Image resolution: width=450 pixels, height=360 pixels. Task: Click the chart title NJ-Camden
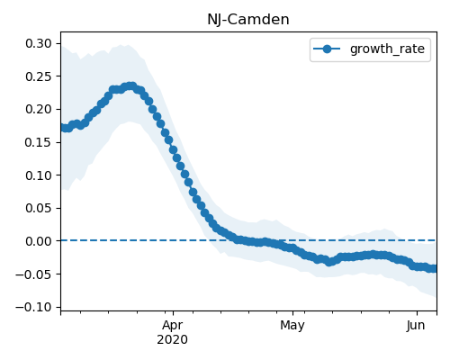click(248, 20)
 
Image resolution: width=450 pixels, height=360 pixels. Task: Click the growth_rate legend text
click(387, 49)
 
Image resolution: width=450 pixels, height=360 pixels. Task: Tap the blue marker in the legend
click(327, 49)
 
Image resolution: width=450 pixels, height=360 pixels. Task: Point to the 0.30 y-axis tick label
click(39, 43)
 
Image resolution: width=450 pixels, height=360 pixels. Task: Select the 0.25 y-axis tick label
click(39, 76)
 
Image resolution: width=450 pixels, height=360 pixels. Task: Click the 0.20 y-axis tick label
click(39, 109)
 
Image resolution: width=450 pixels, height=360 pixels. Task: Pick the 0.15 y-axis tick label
click(39, 142)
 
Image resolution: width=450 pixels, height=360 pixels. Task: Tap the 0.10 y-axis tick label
click(39, 175)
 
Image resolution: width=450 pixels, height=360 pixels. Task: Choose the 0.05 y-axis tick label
click(39, 208)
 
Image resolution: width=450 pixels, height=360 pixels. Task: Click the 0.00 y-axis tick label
click(39, 241)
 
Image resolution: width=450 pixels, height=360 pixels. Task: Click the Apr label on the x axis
click(173, 326)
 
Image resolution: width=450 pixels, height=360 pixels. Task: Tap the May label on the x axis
click(292, 326)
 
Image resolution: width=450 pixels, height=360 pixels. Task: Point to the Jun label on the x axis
click(416, 326)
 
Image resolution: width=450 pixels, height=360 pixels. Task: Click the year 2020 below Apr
click(173, 339)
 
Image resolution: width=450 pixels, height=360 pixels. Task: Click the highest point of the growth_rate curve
click(130, 86)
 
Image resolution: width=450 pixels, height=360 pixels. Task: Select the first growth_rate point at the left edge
click(62, 128)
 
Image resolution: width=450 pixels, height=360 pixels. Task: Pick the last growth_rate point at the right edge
click(434, 268)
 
